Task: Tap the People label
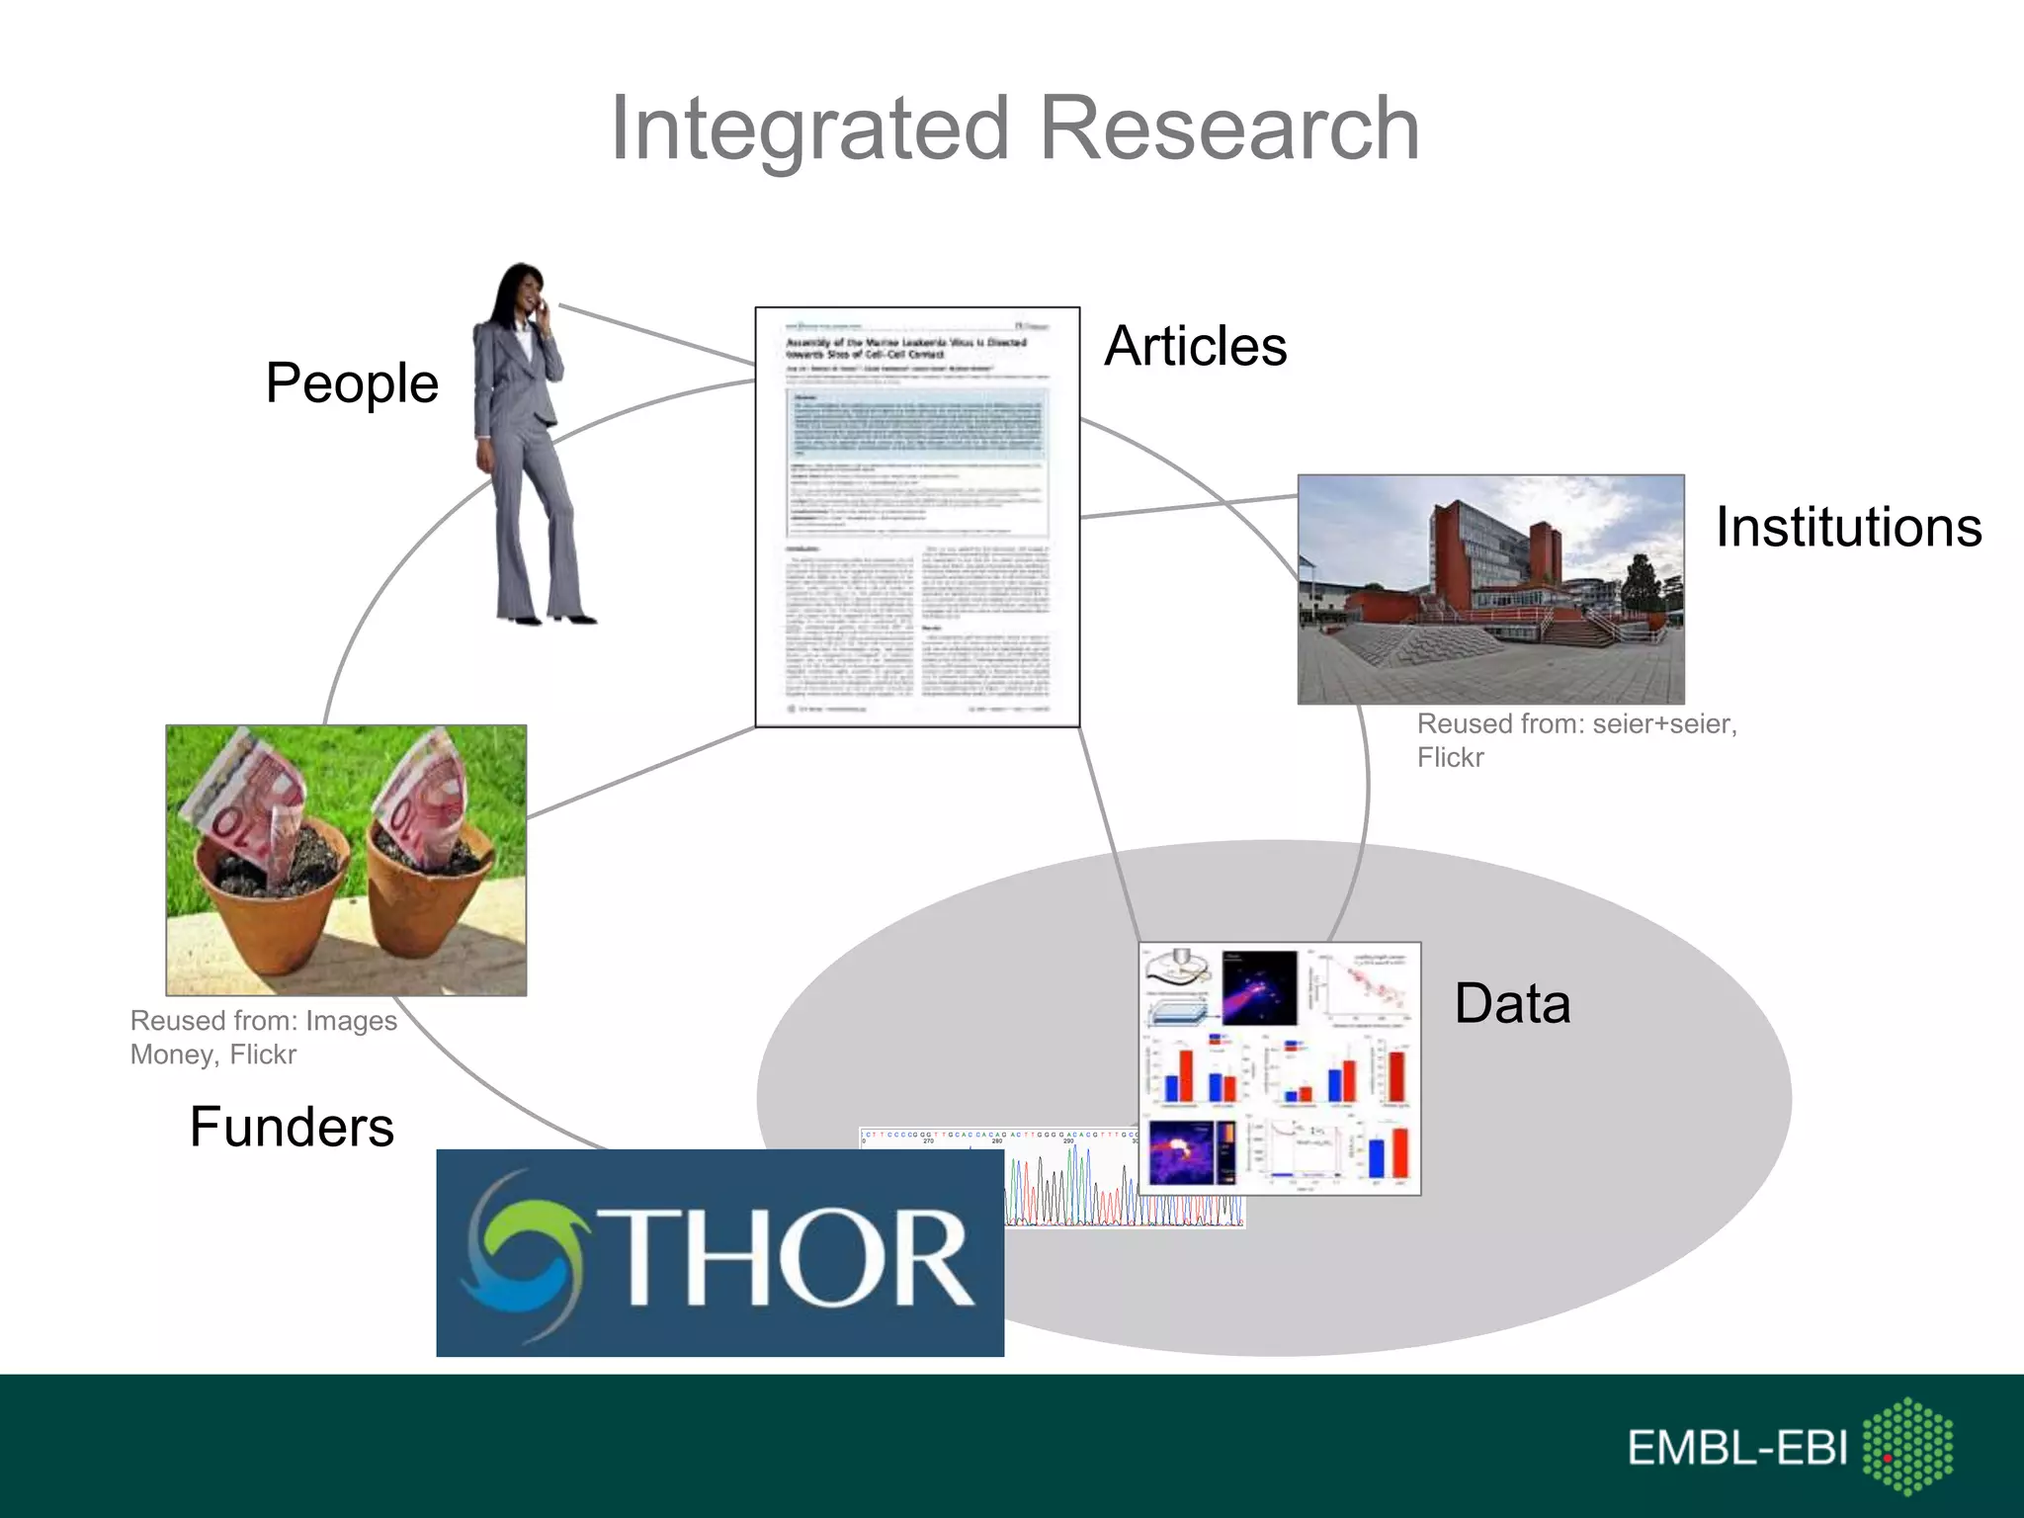[x=352, y=382]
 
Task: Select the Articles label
[x=1196, y=346]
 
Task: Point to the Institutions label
[x=1848, y=527]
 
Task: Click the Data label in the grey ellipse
[x=1512, y=1003]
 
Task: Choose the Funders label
[x=292, y=1127]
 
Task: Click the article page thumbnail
[x=917, y=517]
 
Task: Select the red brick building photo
[x=1490, y=589]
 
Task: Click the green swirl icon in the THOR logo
[x=524, y=1253]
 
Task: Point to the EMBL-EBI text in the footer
[x=1737, y=1448]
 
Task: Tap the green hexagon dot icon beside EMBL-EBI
[x=1907, y=1445]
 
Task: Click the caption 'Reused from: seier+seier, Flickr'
[x=1575, y=740]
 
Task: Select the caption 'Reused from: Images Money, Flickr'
[x=263, y=1037]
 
